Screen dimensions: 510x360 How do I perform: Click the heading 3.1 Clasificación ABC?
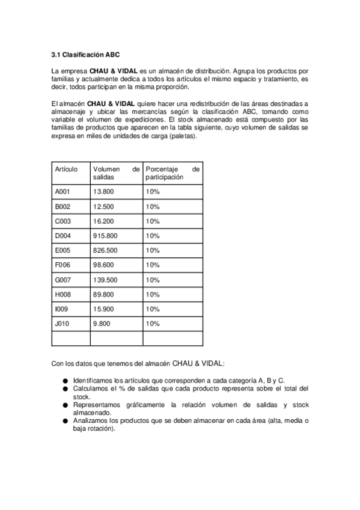tap(86, 54)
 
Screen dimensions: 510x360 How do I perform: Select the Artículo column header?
tap(67, 170)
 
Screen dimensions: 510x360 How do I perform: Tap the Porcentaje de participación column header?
tap(172, 174)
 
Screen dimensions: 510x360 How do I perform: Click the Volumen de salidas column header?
tap(116, 174)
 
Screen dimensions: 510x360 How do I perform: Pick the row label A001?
tap(63, 192)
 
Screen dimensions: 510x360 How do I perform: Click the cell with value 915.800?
tap(105, 236)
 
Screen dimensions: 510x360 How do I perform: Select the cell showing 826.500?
tap(105, 250)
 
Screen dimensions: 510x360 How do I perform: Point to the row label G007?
tap(64, 280)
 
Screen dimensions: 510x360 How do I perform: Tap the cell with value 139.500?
tap(105, 280)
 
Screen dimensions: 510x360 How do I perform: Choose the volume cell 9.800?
tap(102, 324)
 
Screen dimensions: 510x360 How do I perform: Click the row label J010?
tap(63, 324)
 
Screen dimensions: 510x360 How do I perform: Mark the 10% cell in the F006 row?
tap(152, 265)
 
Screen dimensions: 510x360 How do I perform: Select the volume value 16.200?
tap(103, 221)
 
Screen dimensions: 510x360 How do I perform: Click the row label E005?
tap(63, 250)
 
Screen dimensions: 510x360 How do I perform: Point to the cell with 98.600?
tap(103, 265)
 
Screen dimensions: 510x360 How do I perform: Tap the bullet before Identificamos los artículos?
tap(64, 381)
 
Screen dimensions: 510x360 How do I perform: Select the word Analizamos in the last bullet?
tap(90, 421)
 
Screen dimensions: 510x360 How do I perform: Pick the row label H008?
tap(64, 295)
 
